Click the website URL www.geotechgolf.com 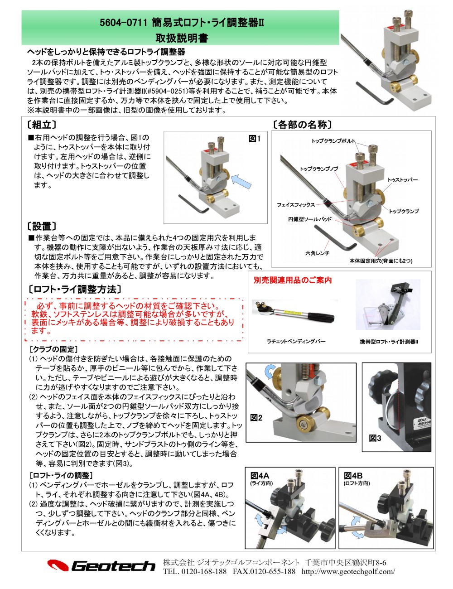[x=348, y=571]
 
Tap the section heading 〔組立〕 [x=42, y=125]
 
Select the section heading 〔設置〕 [x=42, y=226]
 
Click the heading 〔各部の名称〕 [x=302, y=125]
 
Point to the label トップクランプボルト [x=333, y=141]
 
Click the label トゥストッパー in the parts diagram [x=402, y=180]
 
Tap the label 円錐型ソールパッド [x=310, y=219]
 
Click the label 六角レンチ [x=317, y=253]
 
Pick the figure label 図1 [x=255, y=139]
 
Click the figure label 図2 [x=256, y=418]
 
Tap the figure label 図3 [x=375, y=438]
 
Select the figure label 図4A [x=260, y=475]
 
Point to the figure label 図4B [x=353, y=475]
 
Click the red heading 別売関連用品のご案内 [x=293, y=280]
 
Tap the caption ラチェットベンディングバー [x=296, y=341]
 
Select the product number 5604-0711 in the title [x=124, y=23]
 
